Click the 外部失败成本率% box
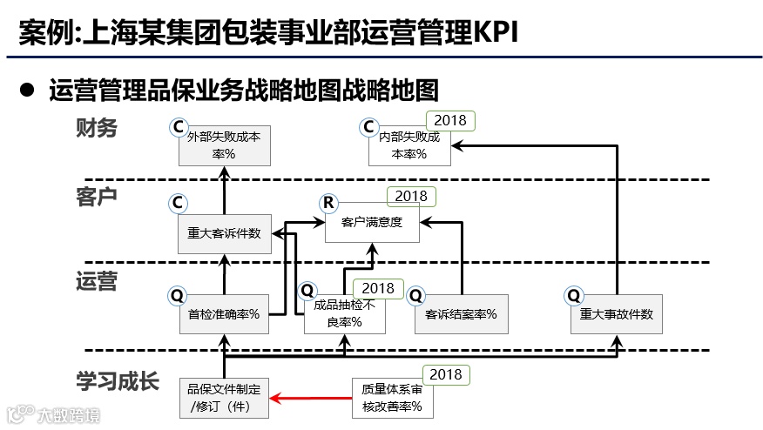coord(225,145)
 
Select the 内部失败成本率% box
coord(409,145)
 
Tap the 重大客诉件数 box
coord(225,233)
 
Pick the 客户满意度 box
coord(372,223)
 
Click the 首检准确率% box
coord(225,314)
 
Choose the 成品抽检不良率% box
coord(345,314)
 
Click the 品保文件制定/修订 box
coord(225,398)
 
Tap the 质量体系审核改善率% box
coord(392,398)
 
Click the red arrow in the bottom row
coord(310,399)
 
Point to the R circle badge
coord(328,204)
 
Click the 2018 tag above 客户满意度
coord(411,196)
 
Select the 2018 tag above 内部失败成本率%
coord(450,120)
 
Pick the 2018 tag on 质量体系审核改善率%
coord(446,374)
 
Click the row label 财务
coord(97,129)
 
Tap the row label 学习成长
coord(118,381)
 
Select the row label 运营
coord(97,281)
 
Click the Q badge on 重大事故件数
coord(574,295)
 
